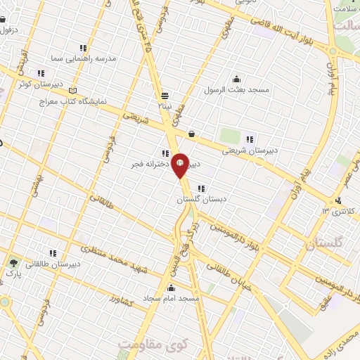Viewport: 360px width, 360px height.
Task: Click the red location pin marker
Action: tap(180, 165)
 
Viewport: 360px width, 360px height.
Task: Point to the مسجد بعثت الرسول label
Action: tap(233, 90)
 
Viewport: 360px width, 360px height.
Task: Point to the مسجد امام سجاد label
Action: tap(172, 299)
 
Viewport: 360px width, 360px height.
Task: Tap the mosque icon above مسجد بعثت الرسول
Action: tap(236, 79)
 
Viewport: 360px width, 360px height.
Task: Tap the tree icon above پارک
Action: tap(14, 262)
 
